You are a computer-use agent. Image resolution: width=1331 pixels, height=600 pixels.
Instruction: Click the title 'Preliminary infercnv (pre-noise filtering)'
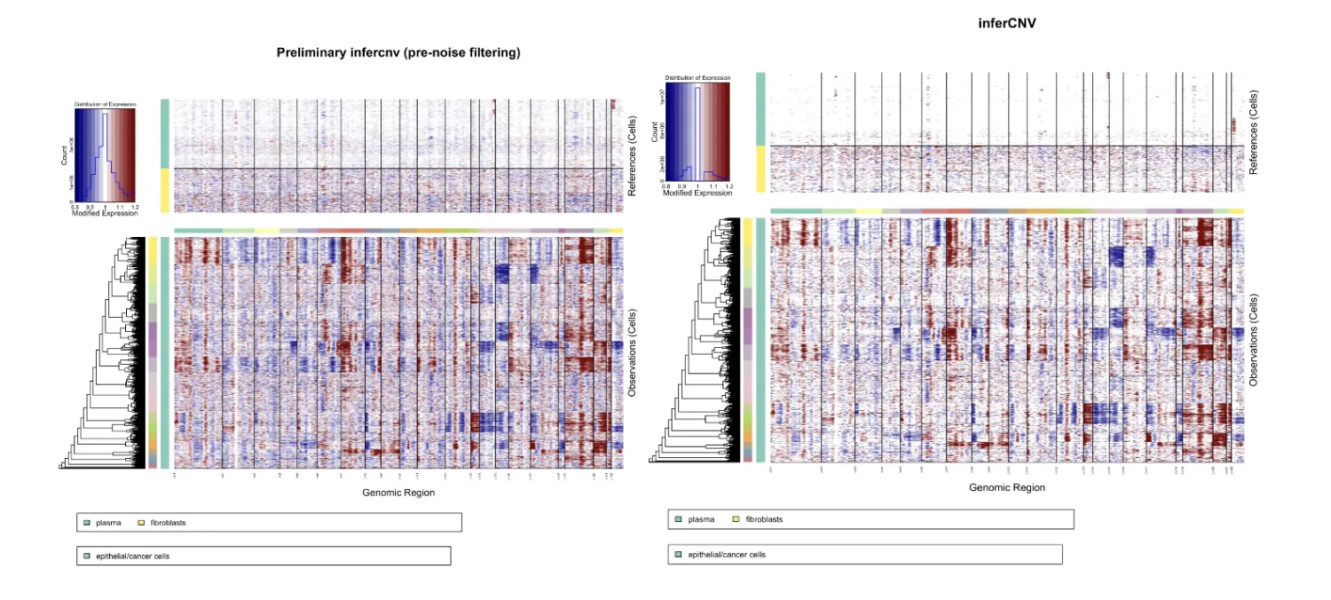tap(398, 53)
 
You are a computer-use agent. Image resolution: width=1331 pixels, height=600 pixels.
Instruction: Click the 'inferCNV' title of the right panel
tap(1004, 24)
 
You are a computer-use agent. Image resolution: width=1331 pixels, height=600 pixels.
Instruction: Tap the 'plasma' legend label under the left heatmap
tap(108, 523)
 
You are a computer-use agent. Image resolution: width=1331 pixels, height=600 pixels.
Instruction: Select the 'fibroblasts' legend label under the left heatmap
tap(169, 523)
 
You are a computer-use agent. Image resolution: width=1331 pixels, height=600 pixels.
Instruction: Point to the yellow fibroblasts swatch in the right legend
tap(736, 519)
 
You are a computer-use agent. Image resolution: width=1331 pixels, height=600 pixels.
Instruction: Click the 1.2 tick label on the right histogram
tap(728, 186)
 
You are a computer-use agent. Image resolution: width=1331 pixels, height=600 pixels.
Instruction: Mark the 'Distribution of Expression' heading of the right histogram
tap(697, 78)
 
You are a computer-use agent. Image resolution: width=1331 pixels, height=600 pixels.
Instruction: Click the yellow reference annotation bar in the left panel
tap(164, 190)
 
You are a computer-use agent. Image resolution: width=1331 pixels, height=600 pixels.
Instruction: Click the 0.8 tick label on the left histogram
tap(75, 207)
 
